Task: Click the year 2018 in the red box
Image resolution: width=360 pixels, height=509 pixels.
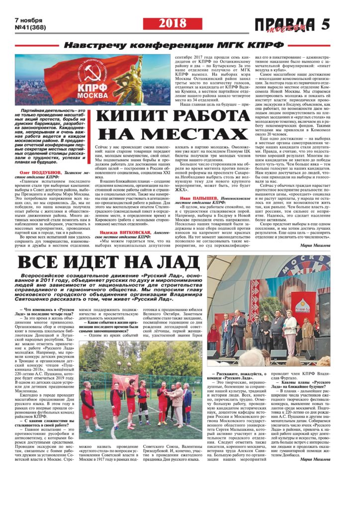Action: tap(173, 24)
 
